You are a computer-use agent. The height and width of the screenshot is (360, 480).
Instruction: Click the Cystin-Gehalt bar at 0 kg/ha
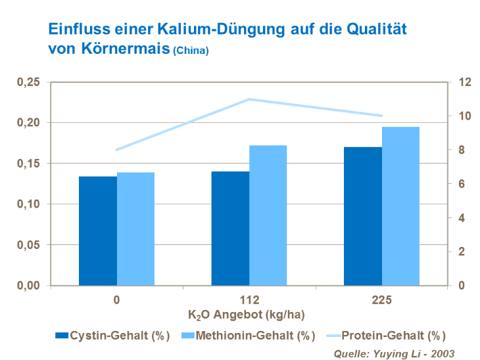[98, 231]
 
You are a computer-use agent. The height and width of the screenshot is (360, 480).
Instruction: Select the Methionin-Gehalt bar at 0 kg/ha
[135, 229]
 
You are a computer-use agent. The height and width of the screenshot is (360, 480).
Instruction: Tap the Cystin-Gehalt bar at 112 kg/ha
[230, 228]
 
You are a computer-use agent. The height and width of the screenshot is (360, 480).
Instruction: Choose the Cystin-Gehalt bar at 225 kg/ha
[363, 216]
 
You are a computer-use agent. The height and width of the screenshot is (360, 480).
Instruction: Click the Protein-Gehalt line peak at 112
[249, 99]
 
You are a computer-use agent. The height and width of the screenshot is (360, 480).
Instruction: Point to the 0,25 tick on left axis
[28, 82]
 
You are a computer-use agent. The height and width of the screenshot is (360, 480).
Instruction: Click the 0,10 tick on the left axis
[28, 204]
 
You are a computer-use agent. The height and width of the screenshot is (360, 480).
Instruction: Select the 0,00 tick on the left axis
[28, 286]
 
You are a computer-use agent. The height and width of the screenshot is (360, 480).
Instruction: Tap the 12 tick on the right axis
[466, 82]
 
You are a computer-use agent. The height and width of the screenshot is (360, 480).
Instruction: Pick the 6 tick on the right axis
[463, 184]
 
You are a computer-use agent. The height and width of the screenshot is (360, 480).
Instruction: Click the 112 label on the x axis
[249, 300]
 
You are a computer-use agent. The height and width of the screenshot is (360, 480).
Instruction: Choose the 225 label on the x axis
[381, 300]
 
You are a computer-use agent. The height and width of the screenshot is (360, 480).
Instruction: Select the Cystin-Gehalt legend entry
[112, 335]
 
